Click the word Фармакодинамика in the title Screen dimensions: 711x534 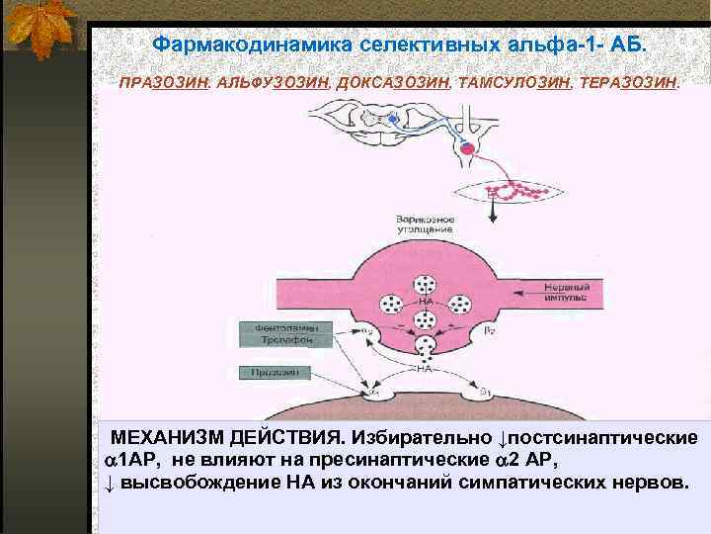tap(254, 45)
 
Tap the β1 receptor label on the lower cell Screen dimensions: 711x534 tap(484, 392)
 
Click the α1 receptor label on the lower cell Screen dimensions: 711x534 tap(374, 393)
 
